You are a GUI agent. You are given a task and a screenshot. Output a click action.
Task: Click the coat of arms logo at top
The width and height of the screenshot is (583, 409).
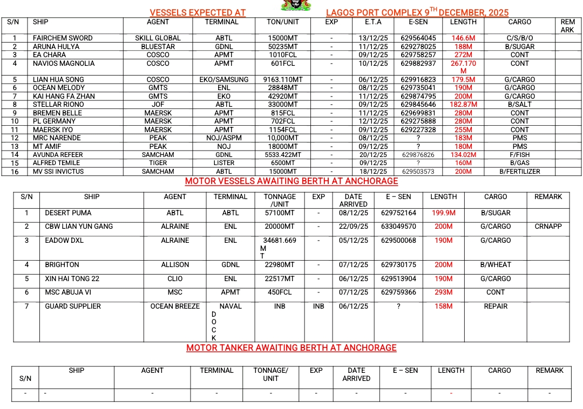point(289,5)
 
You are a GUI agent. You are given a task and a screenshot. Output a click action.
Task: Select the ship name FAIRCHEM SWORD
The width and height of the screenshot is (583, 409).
point(63,38)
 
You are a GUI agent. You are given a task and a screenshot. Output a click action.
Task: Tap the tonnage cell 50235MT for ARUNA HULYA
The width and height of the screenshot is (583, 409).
point(283,47)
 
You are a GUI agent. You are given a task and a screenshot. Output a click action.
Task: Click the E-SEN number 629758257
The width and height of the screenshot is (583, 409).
point(418,55)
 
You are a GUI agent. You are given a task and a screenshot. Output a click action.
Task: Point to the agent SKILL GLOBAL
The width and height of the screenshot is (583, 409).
point(158,38)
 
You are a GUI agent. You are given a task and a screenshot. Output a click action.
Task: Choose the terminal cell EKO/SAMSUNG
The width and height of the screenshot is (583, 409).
point(223,80)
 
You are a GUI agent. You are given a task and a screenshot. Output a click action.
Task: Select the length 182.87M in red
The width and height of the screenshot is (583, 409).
point(463,105)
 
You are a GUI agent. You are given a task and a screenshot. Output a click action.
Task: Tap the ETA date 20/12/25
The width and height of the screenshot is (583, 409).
point(373,155)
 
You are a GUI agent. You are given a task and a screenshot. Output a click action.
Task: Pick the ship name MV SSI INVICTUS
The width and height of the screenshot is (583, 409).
point(58,172)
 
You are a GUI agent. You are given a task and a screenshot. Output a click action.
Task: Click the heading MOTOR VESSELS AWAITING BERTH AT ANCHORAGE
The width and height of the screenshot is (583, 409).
point(291,181)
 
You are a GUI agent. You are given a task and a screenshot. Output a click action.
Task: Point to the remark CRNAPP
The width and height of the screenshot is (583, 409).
point(548,227)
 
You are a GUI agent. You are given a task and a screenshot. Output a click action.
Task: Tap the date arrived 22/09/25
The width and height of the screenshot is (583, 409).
point(354,227)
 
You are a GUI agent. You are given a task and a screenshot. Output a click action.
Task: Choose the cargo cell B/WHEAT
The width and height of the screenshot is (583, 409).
point(496,265)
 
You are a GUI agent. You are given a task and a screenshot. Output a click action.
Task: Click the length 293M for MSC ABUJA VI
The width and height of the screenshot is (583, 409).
point(443,292)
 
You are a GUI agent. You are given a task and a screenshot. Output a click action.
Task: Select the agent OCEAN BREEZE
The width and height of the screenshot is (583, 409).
point(175,306)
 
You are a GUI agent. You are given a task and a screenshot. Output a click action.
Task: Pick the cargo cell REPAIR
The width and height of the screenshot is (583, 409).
point(496,306)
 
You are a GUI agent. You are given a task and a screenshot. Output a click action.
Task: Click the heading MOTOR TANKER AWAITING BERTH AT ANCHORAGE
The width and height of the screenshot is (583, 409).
point(291,348)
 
